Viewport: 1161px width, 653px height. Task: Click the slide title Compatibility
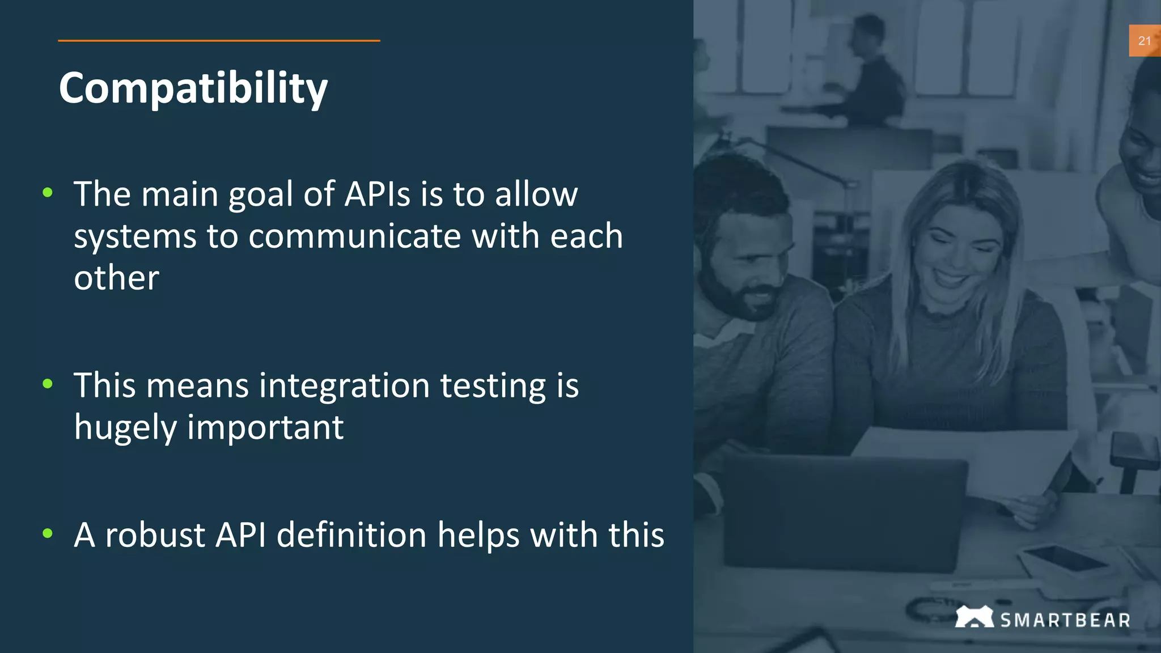(193, 88)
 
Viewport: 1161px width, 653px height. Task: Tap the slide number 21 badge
(1144, 41)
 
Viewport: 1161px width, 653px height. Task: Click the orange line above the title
(219, 41)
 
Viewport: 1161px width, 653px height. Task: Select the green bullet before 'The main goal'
(48, 193)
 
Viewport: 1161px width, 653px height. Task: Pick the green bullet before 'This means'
(48, 384)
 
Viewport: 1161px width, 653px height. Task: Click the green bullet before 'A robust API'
(48, 533)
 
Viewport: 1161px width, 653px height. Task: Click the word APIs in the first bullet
(377, 194)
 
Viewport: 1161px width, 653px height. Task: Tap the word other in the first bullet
(116, 278)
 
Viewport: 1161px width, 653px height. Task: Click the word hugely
(125, 428)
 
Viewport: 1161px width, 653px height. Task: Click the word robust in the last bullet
(155, 535)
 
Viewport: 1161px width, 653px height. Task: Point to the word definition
(351, 535)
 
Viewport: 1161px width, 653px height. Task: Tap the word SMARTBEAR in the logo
(1065, 620)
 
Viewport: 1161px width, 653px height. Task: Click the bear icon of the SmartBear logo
(974, 617)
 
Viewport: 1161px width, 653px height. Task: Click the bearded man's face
(743, 266)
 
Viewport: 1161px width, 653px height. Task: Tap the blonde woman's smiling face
(958, 249)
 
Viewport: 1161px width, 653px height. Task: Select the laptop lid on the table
(845, 510)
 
